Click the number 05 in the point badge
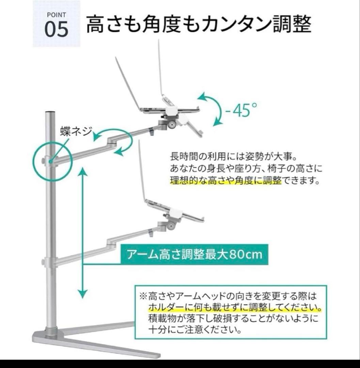56,29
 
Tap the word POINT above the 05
56,15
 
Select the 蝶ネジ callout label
76,131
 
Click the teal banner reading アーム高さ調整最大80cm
194,255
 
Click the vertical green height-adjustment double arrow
82,232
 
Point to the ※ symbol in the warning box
143,296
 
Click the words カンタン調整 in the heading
256,24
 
